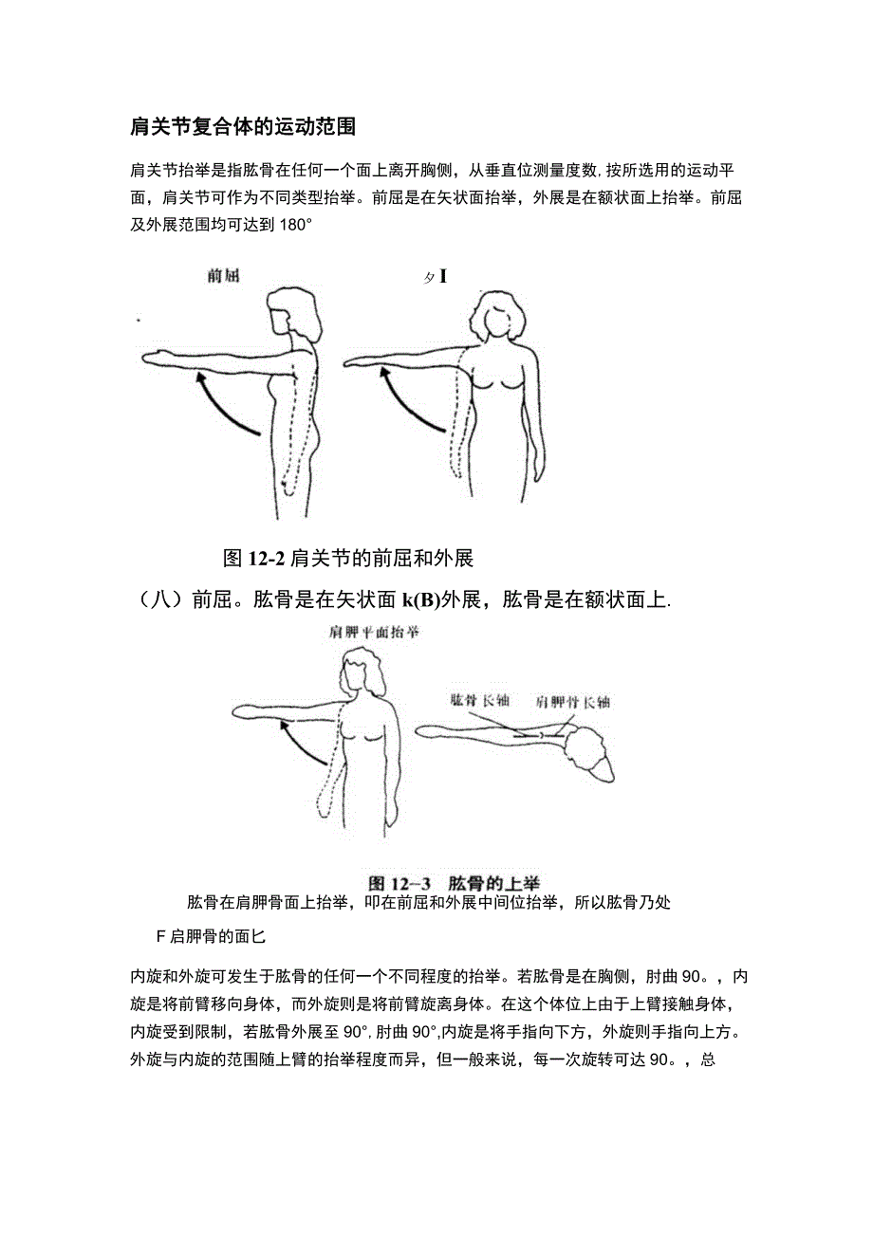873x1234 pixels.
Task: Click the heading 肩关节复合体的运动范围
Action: (242, 126)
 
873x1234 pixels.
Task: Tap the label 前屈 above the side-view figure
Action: (224, 277)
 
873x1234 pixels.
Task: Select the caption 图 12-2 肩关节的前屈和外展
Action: (347, 558)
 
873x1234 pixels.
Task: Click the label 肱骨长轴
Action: (480, 702)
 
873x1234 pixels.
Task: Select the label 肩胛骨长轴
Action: (572, 702)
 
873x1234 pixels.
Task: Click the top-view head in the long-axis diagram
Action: (583, 754)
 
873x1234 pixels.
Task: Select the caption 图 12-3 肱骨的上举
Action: (467, 881)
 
